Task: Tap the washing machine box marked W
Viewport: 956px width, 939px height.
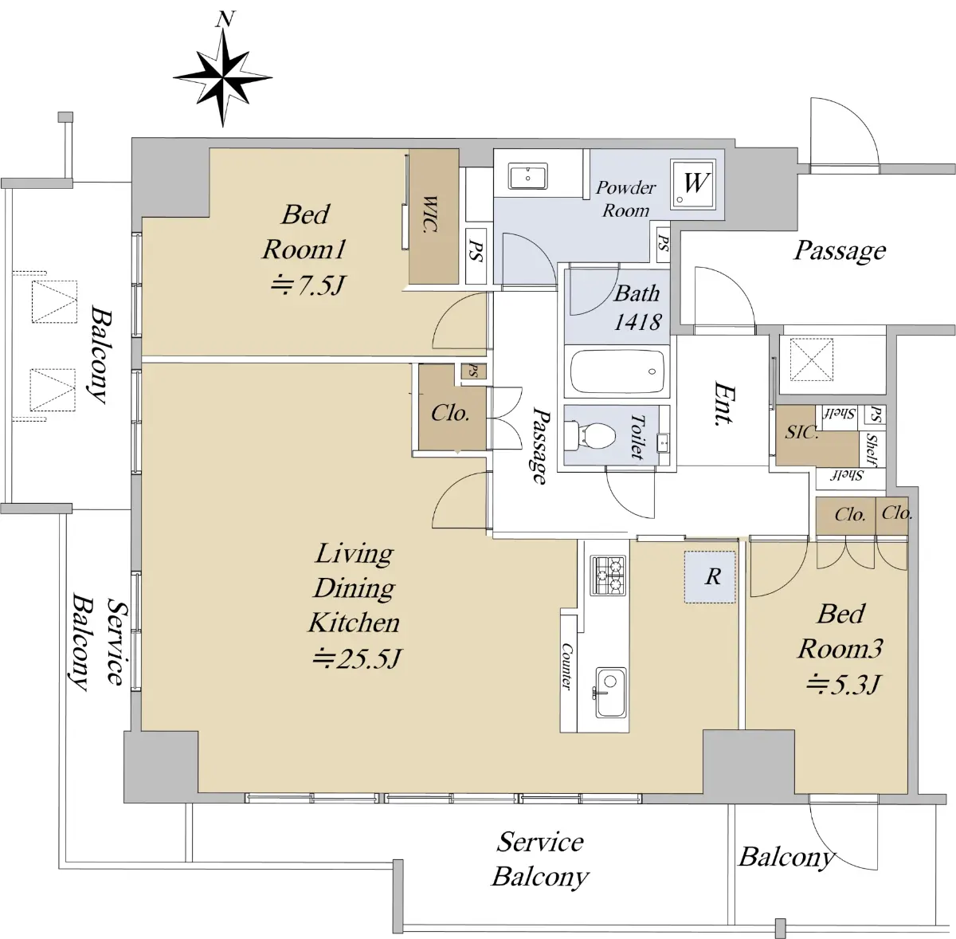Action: [695, 183]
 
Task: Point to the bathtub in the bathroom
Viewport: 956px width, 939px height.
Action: [617, 371]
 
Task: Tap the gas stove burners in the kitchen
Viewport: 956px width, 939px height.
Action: [608, 575]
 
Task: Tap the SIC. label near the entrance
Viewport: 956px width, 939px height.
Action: [801, 433]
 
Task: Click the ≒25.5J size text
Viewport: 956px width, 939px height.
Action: [356, 659]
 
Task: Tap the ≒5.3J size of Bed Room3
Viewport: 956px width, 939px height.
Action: [843, 685]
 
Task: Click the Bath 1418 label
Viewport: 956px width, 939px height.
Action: [637, 308]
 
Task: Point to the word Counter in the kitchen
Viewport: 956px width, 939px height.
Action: [567, 666]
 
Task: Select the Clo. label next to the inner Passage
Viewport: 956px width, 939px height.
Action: [450, 413]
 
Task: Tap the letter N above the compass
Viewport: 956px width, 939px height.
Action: [225, 20]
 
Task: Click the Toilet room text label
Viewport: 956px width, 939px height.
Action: [637, 436]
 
